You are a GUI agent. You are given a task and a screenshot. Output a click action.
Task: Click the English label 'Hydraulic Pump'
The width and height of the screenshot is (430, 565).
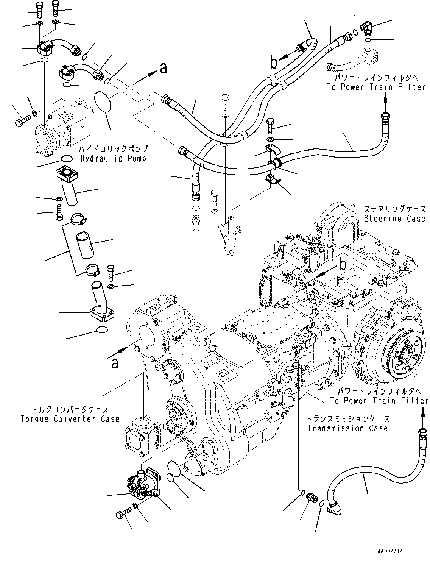tap(114, 159)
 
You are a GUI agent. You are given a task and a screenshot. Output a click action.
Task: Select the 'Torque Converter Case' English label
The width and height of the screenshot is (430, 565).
tap(70, 419)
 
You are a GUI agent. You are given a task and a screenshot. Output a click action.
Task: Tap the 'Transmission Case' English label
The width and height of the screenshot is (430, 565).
tap(348, 428)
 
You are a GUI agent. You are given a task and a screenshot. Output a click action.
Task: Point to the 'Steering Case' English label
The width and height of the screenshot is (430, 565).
tap(394, 219)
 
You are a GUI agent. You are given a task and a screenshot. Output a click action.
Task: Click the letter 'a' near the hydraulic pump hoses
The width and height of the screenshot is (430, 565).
tap(164, 68)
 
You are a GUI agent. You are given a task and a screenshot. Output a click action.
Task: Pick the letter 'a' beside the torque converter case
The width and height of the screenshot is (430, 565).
tap(115, 364)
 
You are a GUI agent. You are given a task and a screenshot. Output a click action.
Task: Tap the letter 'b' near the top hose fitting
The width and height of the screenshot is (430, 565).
tap(274, 63)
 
